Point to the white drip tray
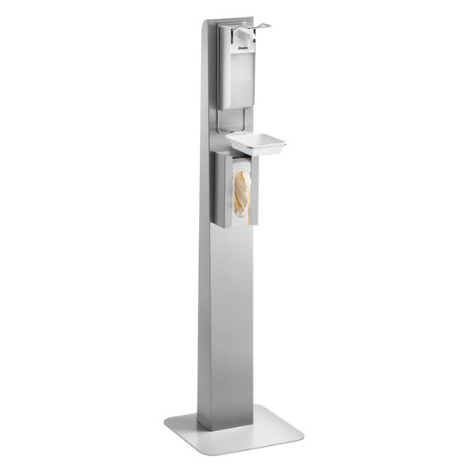(257, 144)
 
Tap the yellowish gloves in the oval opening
(240, 193)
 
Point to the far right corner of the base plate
(302, 432)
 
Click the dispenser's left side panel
(224, 70)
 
